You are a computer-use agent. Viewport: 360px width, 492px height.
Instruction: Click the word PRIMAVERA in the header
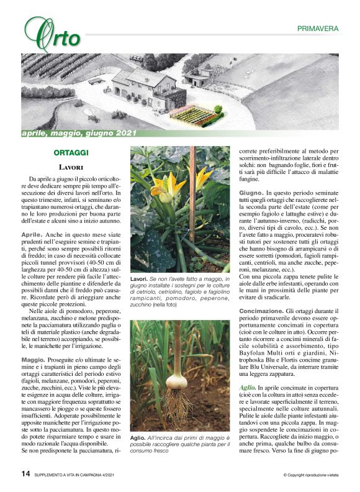pos(317,29)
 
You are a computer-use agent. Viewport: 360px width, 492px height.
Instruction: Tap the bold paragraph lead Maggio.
pos(33,360)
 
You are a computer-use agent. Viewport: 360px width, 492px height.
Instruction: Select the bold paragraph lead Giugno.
pos(251,193)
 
